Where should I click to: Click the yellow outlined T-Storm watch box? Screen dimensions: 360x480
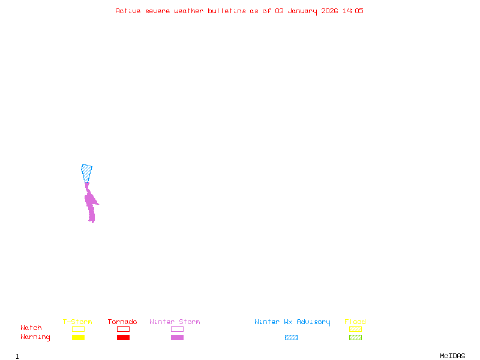pos(78,329)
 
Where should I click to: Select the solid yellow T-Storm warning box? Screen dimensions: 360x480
pos(78,337)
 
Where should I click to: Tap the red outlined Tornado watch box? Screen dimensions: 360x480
pos(123,329)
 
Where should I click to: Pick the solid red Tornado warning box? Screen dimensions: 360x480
pos(123,337)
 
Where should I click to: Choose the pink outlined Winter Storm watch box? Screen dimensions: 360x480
pos(177,329)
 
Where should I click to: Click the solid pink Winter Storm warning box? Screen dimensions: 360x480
pos(177,337)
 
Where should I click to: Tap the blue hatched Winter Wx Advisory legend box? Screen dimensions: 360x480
pos(291,337)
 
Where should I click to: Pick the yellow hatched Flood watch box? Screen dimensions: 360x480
pos(355,329)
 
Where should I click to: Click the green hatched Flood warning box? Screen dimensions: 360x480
pos(355,337)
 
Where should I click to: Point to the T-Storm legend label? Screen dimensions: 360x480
pos(77,322)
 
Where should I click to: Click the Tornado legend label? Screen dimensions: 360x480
pos(122,322)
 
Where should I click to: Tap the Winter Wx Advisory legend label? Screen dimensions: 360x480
pos(292,322)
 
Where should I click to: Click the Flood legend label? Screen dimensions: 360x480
pos(355,322)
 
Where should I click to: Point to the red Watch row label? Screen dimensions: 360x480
pos(31,328)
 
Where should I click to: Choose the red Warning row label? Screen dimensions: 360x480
pos(35,337)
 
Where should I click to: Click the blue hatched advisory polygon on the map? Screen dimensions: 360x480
pos(87,172)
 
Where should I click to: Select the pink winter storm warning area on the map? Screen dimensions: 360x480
pos(91,204)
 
